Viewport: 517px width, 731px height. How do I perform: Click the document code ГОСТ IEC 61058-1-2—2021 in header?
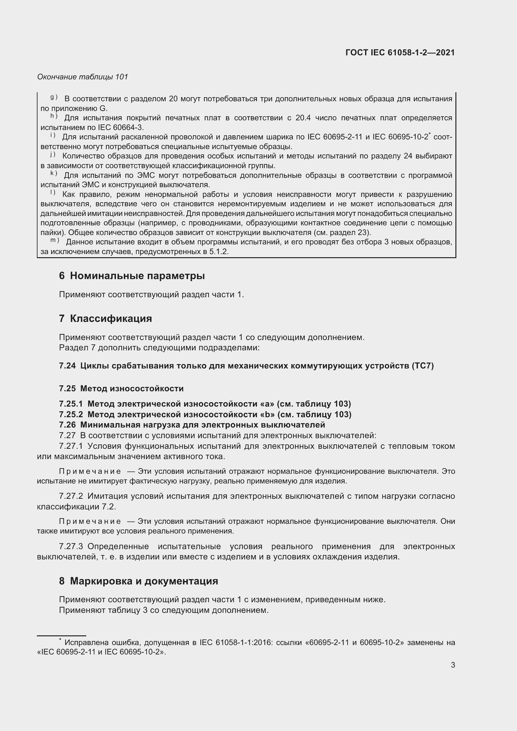(400, 53)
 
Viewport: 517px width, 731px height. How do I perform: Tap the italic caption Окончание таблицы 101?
(83, 77)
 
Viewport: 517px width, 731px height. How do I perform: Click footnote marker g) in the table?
(53, 98)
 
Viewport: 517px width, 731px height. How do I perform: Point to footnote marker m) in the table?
(54, 240)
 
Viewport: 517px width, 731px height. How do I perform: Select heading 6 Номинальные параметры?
(132, 276)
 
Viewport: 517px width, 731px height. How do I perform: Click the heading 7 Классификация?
(105, 318)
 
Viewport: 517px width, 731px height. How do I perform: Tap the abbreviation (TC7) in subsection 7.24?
(423, 366)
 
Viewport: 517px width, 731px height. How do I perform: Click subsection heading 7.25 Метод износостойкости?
(121, 388)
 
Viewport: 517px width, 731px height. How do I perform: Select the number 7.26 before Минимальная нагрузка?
(67, 425)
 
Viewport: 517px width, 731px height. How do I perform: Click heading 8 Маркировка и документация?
(138, 581)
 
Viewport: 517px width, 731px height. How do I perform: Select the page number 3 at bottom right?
(453, 665)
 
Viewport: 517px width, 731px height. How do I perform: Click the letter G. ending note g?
(103, 108)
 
